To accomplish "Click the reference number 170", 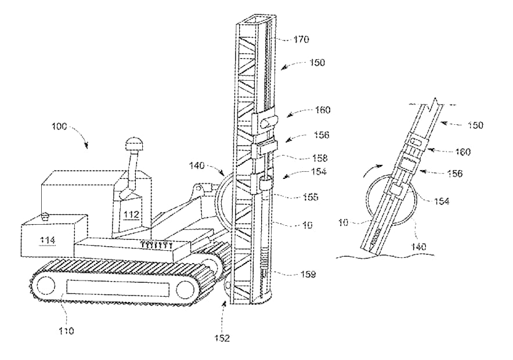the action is click(x=301, y=39).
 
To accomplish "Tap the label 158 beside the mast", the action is click(x=320, y=158).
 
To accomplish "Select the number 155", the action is click(x=310, y=197).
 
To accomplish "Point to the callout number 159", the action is click(x=308, y=274).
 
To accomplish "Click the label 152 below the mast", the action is click(x=222, y=338).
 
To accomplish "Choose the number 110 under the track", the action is click(x=66, y=331).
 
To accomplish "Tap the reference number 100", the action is click(x=59, y=127).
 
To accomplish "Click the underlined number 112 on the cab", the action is click(x=131, y=215).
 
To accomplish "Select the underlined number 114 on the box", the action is click(x=47, y=240).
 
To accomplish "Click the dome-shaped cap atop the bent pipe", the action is click(x=133, y=143).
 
